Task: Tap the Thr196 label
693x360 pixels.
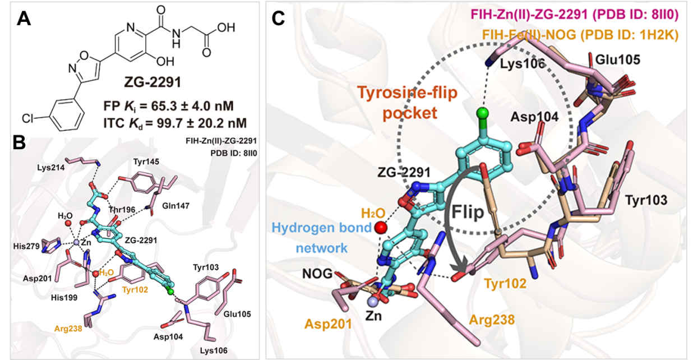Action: click(118, 206)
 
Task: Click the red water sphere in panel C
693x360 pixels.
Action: click(381, 228)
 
